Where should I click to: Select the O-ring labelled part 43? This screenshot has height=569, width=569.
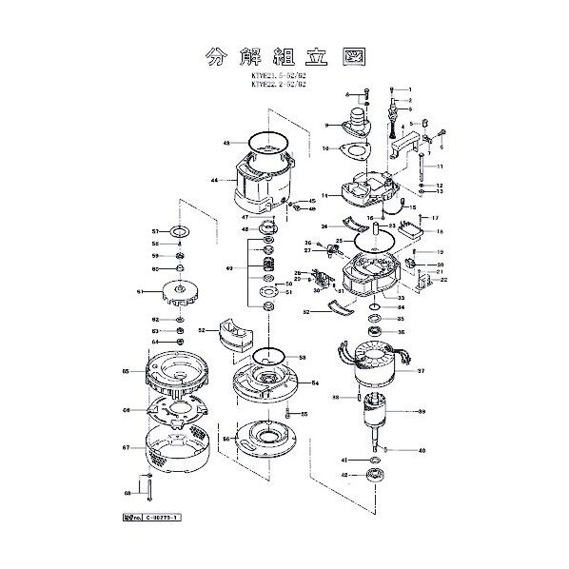[x=268, y=144]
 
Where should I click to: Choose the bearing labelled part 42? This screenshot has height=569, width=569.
[x=374, y=473]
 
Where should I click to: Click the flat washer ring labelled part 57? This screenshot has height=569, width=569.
[x=180, y=231]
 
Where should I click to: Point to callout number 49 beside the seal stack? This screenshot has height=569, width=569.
[x=229, y=269]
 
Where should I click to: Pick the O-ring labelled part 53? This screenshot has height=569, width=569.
[x=269, y=358]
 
